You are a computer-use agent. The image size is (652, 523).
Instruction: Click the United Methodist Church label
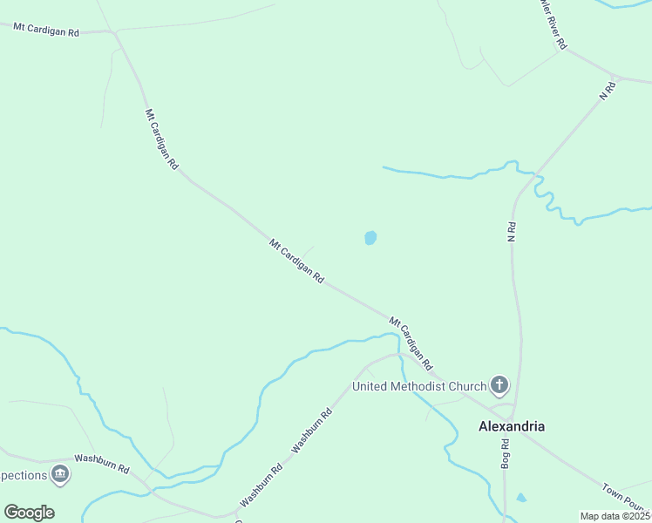coord(418,385)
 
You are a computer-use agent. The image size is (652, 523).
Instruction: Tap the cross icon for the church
coord(499,384)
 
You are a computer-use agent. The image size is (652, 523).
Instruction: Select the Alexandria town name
coord(512,426)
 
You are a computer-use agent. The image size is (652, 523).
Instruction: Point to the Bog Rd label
coord(505,455)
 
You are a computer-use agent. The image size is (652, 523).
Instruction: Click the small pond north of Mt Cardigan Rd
coord(370,237)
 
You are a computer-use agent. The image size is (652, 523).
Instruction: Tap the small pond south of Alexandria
coord(521,498)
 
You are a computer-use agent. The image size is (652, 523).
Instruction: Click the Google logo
coord(29,513)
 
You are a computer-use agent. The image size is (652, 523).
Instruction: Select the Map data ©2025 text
coord(615,516)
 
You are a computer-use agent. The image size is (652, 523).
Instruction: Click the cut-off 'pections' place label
coord(23,475)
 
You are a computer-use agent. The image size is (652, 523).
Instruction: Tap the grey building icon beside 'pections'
coord(60,474)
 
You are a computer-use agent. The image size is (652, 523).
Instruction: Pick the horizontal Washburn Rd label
coord(102,463)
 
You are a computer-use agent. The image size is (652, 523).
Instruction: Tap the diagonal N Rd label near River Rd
coord(608,91)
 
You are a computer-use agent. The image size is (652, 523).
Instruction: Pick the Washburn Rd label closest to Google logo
coord(261,485)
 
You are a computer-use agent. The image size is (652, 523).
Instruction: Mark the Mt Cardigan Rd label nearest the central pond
coord(296,261)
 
